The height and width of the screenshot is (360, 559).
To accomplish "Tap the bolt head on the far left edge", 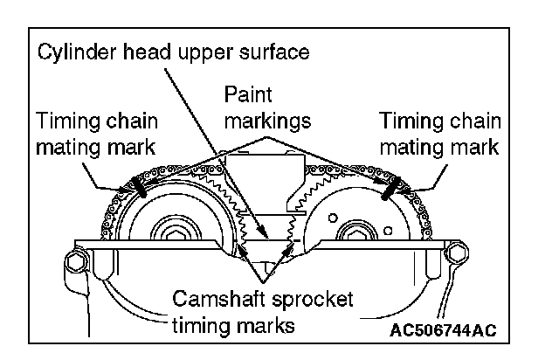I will click(x=76, y=261).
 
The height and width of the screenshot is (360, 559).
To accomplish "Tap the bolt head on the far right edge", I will click(x=455, y=254).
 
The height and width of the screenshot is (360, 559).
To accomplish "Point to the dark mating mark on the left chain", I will click(x=137, y=186).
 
